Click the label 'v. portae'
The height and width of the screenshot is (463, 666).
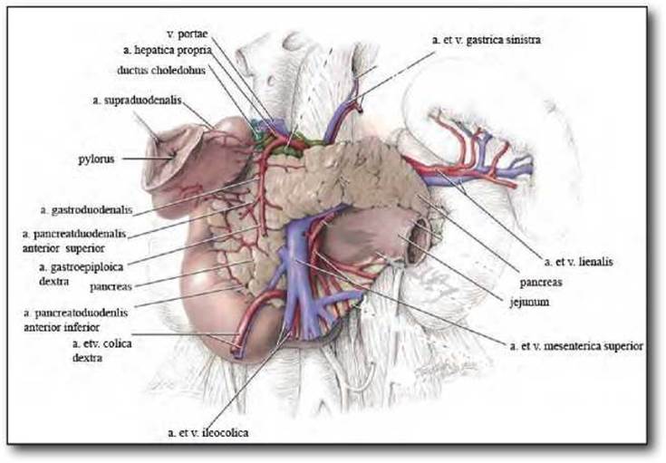[188, 34]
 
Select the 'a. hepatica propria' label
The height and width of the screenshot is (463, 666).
[168, 51]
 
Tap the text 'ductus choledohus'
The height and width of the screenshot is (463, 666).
[161, 70]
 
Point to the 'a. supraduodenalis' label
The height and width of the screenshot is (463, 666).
[137, 101]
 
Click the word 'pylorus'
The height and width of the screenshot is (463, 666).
[96, 159]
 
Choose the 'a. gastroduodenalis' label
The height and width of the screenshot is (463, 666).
[87, 210]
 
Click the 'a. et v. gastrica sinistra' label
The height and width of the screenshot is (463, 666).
[487, 40]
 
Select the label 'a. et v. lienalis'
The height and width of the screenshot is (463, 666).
[578, 262]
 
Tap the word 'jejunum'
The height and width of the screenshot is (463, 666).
[529, 303]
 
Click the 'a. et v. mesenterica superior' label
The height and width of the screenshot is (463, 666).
[576, 346]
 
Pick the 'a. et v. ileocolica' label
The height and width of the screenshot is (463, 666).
[208, 433]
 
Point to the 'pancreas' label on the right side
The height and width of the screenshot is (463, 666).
[541, 283]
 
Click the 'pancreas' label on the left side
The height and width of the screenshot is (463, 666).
[111, 286]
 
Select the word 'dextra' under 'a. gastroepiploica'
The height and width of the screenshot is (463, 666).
[54, 281]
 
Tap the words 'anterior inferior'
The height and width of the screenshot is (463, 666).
[62, 327]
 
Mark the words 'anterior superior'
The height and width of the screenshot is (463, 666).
[63, 248]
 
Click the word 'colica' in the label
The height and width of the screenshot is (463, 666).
[117, 343]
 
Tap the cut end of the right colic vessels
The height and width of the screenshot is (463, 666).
[236, 351]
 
